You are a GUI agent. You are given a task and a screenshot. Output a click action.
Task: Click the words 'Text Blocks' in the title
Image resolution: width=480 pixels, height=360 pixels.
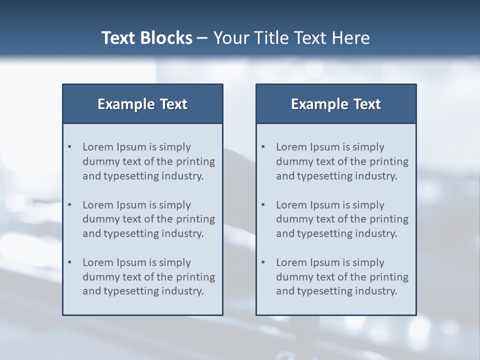pos(146,38)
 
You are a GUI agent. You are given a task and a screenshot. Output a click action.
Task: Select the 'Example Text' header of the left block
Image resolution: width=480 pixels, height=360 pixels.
pos(142,104)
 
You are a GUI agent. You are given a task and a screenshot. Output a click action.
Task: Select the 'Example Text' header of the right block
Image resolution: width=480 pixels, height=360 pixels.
pos(336,104)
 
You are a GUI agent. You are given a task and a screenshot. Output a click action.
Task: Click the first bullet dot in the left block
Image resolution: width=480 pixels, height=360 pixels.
pos(70,147)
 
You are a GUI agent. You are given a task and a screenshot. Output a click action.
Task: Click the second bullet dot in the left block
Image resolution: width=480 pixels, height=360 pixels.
pos(70,205)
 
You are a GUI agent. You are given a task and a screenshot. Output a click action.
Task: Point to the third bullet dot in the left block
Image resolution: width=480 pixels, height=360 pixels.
pos(70,262)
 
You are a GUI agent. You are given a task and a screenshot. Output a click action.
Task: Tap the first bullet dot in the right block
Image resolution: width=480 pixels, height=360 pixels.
pos(263,147)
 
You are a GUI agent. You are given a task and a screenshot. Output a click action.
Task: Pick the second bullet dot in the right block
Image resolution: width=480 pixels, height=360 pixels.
pos(263,205)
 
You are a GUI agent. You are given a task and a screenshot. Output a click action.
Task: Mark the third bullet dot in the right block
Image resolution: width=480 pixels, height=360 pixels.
pos(263,262)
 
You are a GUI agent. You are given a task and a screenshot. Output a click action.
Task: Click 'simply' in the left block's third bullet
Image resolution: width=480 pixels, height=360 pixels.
pos(175,262)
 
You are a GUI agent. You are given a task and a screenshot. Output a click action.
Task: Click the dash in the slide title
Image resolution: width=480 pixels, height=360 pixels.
pos(202,38)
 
